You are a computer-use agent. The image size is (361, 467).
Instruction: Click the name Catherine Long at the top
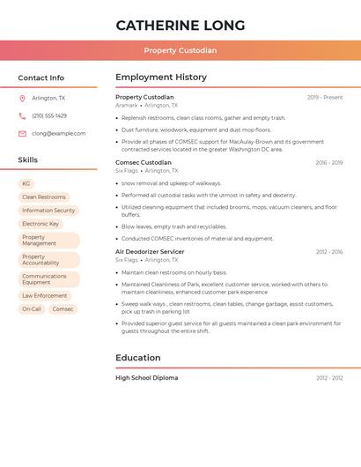point(180,25)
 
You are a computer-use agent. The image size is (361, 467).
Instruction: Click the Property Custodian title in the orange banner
point(180,50)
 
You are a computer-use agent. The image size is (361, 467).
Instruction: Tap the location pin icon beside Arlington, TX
point(22,99)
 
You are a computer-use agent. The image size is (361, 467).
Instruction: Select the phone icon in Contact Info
point(22,115)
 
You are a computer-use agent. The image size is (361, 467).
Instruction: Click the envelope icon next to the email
point(22,133)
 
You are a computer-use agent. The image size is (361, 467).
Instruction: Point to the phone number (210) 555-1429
point(49,115)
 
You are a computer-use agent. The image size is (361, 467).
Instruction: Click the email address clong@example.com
point(59,133)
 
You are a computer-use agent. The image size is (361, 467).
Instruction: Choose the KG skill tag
point(26,183)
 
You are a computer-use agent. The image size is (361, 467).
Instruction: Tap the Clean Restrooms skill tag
point(44,197)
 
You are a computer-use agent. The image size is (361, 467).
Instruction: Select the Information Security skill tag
point(48,211)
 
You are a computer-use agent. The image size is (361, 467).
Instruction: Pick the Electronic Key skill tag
point(41,224)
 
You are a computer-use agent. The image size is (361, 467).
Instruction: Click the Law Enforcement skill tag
point(45,296)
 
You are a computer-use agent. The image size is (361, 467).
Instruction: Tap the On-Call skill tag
point(32,309)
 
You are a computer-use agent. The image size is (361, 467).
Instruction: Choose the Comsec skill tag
point(63,309)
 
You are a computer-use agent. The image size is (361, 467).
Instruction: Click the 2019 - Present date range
point(325,97)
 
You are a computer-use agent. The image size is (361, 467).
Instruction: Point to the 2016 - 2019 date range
point(329,163)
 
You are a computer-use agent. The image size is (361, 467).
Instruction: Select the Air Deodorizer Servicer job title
point(150,252)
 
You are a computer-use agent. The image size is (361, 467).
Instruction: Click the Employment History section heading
point(161,78)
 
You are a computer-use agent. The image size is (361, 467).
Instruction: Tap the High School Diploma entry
point(146,377)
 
